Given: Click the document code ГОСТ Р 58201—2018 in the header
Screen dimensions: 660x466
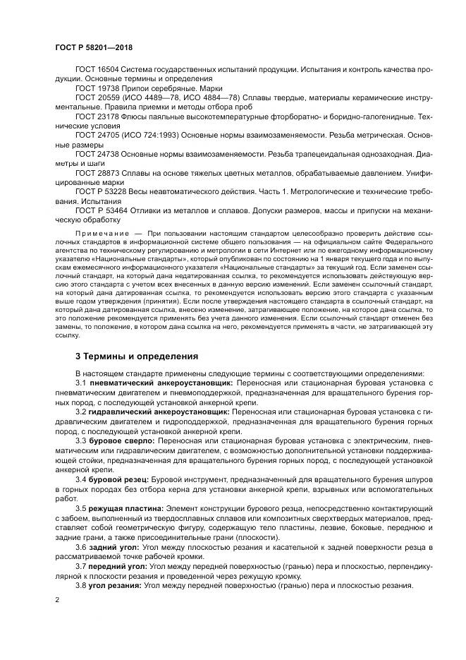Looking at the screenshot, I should click(x=93, y=48).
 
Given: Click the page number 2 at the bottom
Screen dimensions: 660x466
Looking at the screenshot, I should click(x=56, y=600).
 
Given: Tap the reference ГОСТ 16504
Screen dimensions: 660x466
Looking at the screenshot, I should click(x=97, y=71).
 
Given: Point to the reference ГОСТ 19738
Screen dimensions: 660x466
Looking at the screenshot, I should click(x=97, y=89).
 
